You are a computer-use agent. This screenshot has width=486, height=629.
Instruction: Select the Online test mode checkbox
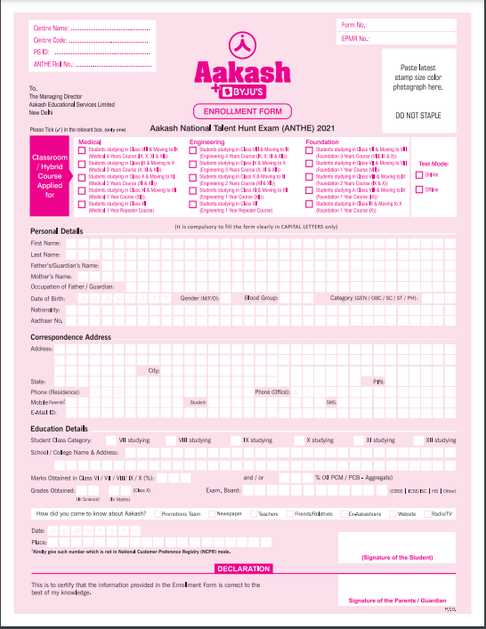coord(419,175)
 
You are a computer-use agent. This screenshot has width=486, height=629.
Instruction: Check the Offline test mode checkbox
coord(419,190)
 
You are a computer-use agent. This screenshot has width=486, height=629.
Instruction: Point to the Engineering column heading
coord(207,142)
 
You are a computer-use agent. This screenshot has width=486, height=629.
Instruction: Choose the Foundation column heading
coord(321,142)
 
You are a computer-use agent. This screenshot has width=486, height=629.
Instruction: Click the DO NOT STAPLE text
coord(419,116)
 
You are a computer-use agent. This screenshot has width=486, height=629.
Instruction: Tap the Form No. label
coord(353,25)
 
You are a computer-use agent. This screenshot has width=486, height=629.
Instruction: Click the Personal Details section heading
coord(56,231)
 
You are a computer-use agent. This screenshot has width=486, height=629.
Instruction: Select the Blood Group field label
coord(262,298)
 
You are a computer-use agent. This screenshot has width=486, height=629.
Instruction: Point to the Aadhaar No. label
coord(46,320)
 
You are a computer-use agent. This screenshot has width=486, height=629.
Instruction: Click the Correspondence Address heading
coord(70,338)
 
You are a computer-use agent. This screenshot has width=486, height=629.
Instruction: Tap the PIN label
coord(378,381)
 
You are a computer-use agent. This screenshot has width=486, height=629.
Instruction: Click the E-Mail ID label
coord(44,413)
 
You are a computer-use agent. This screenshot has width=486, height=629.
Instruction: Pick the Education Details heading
coord(59,429)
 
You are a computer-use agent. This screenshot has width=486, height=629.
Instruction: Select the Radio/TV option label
coord(442,514)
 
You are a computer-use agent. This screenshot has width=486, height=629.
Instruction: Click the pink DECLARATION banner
coord(243,568)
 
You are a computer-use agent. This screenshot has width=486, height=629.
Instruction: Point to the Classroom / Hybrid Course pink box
coord(50,176)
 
